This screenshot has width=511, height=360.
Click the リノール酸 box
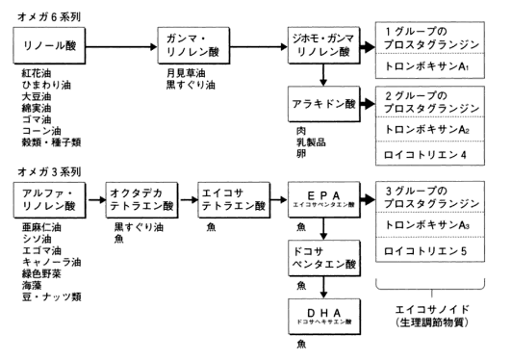click(49, 45)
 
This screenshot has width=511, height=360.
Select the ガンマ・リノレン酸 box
click(193, 45)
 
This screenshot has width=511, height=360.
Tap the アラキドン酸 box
click(324, 104)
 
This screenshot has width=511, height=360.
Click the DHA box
click(324, 317)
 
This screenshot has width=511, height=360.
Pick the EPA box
click(324, 199)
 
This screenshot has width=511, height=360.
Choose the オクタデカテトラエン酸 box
click(141, 200)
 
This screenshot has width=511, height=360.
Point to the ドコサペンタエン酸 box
click(324, 258)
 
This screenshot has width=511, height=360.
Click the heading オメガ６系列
click(49, 16)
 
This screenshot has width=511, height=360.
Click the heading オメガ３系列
click(49, 171)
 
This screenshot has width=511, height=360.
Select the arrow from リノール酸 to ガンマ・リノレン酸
click(121, 47)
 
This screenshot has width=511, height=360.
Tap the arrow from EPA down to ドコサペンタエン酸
click(323, 229)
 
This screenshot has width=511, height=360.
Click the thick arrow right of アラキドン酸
click(368, 104)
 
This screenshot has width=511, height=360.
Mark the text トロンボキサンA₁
click(427, 66)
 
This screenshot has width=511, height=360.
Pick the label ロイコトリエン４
click(425, 154)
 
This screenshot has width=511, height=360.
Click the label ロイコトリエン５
click(425, 251)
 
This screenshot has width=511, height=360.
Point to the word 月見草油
click(186, 73)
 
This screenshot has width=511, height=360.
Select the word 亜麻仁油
click(41, 227)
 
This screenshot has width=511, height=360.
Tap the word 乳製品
click(311, 142)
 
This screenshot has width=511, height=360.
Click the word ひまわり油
click(46, 85)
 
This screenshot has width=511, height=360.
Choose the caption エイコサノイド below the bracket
click(432, 309)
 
